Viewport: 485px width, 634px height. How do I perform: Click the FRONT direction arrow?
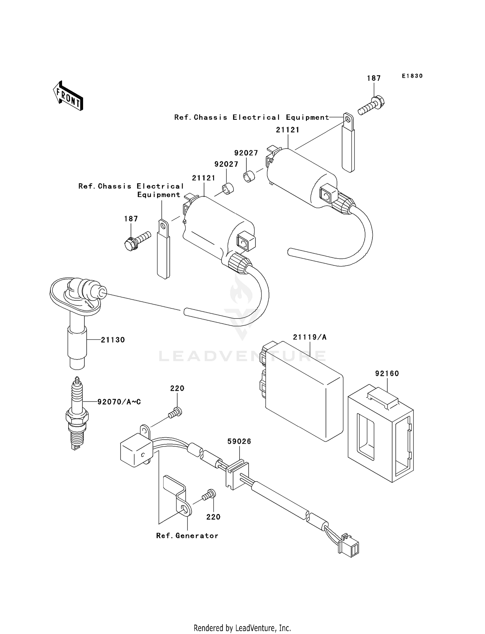click(x=68, y=96)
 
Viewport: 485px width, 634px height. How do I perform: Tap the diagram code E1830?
click(x=412, y=76)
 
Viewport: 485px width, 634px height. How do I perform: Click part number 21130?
click(x=113, y=340)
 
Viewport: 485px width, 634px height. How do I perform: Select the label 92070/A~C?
click(x=119, y=402)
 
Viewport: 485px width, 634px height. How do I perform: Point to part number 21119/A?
click(x=309, y=337)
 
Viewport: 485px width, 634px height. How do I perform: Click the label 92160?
click(x=387, y=373)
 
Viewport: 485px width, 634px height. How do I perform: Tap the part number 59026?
click(x=239, y=441)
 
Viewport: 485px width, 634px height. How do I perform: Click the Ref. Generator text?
click(x=187, y=536)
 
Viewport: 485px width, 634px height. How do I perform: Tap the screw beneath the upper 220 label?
click(x=175, y=413)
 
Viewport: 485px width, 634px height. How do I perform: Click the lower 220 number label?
click(x=213, y=517)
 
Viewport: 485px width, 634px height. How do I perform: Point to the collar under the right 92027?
click(x=249, y=177)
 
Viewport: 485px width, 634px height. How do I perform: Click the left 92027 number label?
click(x=226, y=164)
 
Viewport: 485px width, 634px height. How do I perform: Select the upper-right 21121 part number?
click(x=288, y=130)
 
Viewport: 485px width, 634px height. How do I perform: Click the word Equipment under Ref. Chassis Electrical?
click(x=159, y=195)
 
